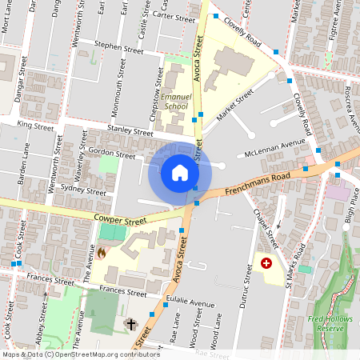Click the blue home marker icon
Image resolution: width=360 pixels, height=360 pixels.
180,172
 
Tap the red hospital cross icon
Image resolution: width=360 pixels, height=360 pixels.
266,262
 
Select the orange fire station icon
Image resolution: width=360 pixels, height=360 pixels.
102,253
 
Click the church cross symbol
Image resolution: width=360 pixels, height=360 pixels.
130,325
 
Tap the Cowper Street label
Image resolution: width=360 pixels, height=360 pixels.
120,219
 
